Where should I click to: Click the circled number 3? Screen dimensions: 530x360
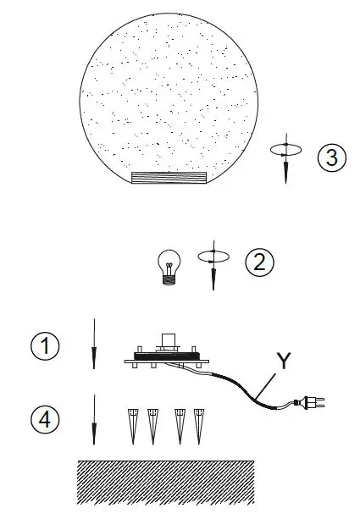(332, 159)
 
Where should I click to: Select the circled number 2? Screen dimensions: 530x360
(259, 261)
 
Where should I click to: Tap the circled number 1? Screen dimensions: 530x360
(44, 346)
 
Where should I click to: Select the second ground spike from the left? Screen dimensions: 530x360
(153, 425)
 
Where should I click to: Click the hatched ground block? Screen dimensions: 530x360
(165, 483)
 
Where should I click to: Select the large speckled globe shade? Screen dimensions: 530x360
(169, 102)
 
